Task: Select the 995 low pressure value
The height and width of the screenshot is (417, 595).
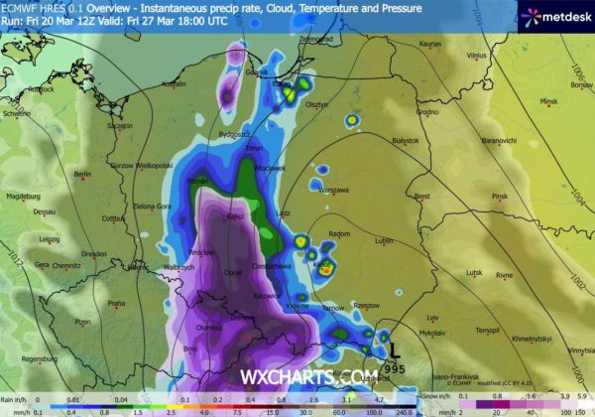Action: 395,366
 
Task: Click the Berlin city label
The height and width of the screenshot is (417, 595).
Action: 82,175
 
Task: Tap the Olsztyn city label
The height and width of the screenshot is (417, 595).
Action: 344,104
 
